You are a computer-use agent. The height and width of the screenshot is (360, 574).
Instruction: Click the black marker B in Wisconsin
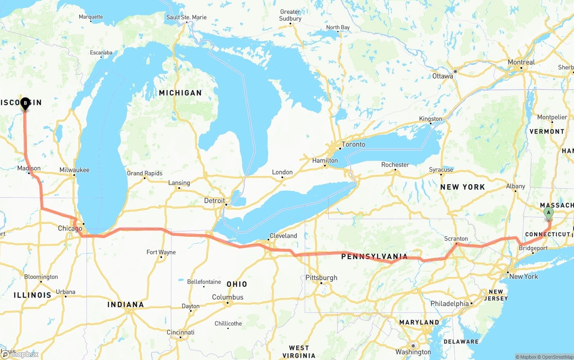pyautogui.click(x=25, y=104)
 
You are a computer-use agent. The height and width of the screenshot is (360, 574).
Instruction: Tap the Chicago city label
pyautogui.click(x=70, y=229)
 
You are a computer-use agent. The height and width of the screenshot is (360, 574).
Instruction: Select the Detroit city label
pyautogui.click(x=214, y=200)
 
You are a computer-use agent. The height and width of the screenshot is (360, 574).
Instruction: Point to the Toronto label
pyautogui.click(x=353, y=144)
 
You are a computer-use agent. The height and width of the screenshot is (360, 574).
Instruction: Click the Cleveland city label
pyautogui.click(x=283, y=235)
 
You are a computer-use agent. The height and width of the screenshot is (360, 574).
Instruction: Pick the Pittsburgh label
pyautogui.click(x=321, y=278)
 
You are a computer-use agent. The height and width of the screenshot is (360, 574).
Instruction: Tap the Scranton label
pyautogui.click(x=456, y=239)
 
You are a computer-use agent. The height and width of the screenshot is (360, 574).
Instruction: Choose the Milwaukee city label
pyautogui.click(x=74, y=170)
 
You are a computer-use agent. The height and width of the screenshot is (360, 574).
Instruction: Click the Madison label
pyautogui.click(x=29, y=169)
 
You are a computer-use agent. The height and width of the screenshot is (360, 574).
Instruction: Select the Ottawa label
pyautogui.click(x=443, y=76)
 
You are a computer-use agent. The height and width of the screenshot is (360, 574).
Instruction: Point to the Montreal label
pyautogui.click(x=521, y=62)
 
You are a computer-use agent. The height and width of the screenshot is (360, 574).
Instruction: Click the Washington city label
pyautogui.click(x=413, y=352)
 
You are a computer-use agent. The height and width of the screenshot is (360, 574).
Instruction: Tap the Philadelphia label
pyautogui.click(x=450, y=304)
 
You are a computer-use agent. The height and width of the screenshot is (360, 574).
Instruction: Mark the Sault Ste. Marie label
pyautogui.click(x=187, y=17)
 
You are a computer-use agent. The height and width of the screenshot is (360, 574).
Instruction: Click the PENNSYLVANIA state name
pyautogui.click(x=374, y=257)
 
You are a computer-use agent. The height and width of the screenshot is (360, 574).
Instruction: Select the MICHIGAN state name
pyautogui.click(x=180, y=93)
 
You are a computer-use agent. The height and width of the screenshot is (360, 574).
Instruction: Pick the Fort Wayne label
pyautogui.click(x=161, y=252)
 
